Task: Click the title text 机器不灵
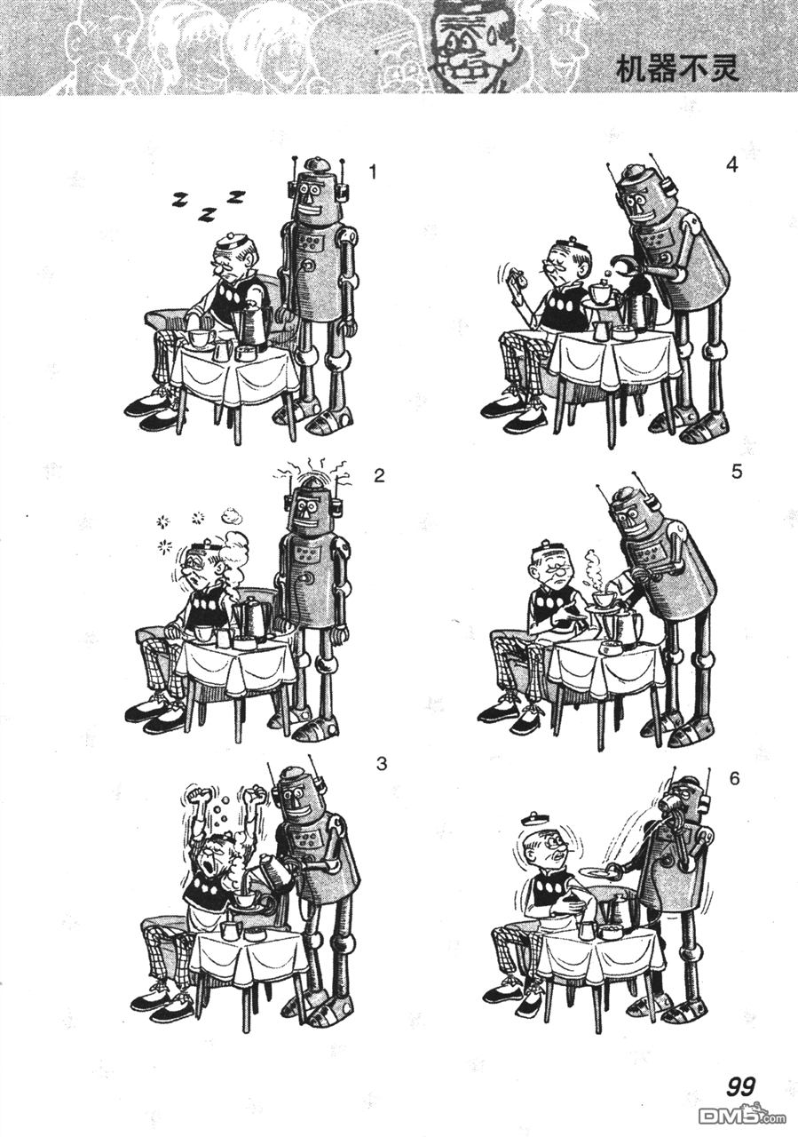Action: coord(676,71)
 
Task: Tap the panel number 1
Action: coord(373,173)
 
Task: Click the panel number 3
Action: coord(382,778)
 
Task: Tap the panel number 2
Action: coord(378,477)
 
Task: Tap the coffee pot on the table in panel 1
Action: coord(252,325)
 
